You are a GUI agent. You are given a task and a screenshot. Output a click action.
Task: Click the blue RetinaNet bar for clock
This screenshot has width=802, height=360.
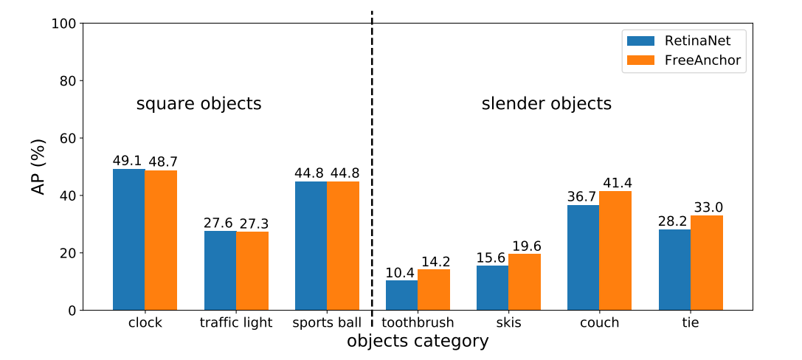click(x=128, y=240)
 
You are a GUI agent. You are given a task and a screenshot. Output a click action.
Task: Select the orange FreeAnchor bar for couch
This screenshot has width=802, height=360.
click(x=615, y=251)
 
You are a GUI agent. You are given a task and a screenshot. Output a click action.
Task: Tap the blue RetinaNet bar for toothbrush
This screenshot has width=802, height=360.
click(x=401, y=295)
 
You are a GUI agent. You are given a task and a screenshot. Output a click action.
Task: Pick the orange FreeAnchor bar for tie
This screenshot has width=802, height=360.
click(x=706, y=263)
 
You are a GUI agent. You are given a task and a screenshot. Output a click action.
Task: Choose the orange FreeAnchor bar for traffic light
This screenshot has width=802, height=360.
click(x=252, y=271)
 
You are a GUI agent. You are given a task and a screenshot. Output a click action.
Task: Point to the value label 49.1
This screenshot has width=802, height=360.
click(x=128, y=161)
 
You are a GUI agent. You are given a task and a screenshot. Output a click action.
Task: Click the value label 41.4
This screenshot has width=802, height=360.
click(x=617, y=183)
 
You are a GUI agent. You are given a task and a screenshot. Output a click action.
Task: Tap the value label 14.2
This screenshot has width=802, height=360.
click(x=435, y=261)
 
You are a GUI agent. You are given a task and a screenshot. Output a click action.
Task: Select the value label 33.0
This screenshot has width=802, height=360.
click(x=708, y=207)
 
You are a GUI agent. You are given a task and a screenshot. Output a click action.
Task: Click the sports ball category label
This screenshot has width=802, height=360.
click(x=327, y=322)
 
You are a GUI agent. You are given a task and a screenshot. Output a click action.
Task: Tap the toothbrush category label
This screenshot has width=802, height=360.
click(x=418, y=322)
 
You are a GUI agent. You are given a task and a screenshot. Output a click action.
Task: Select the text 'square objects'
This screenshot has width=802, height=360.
click(x=198, y=103)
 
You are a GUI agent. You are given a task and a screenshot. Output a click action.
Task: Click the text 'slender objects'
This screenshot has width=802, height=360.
click(x=547, y=103)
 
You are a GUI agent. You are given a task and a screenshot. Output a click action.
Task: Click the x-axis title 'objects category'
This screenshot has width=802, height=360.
click(x=418, y=341)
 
